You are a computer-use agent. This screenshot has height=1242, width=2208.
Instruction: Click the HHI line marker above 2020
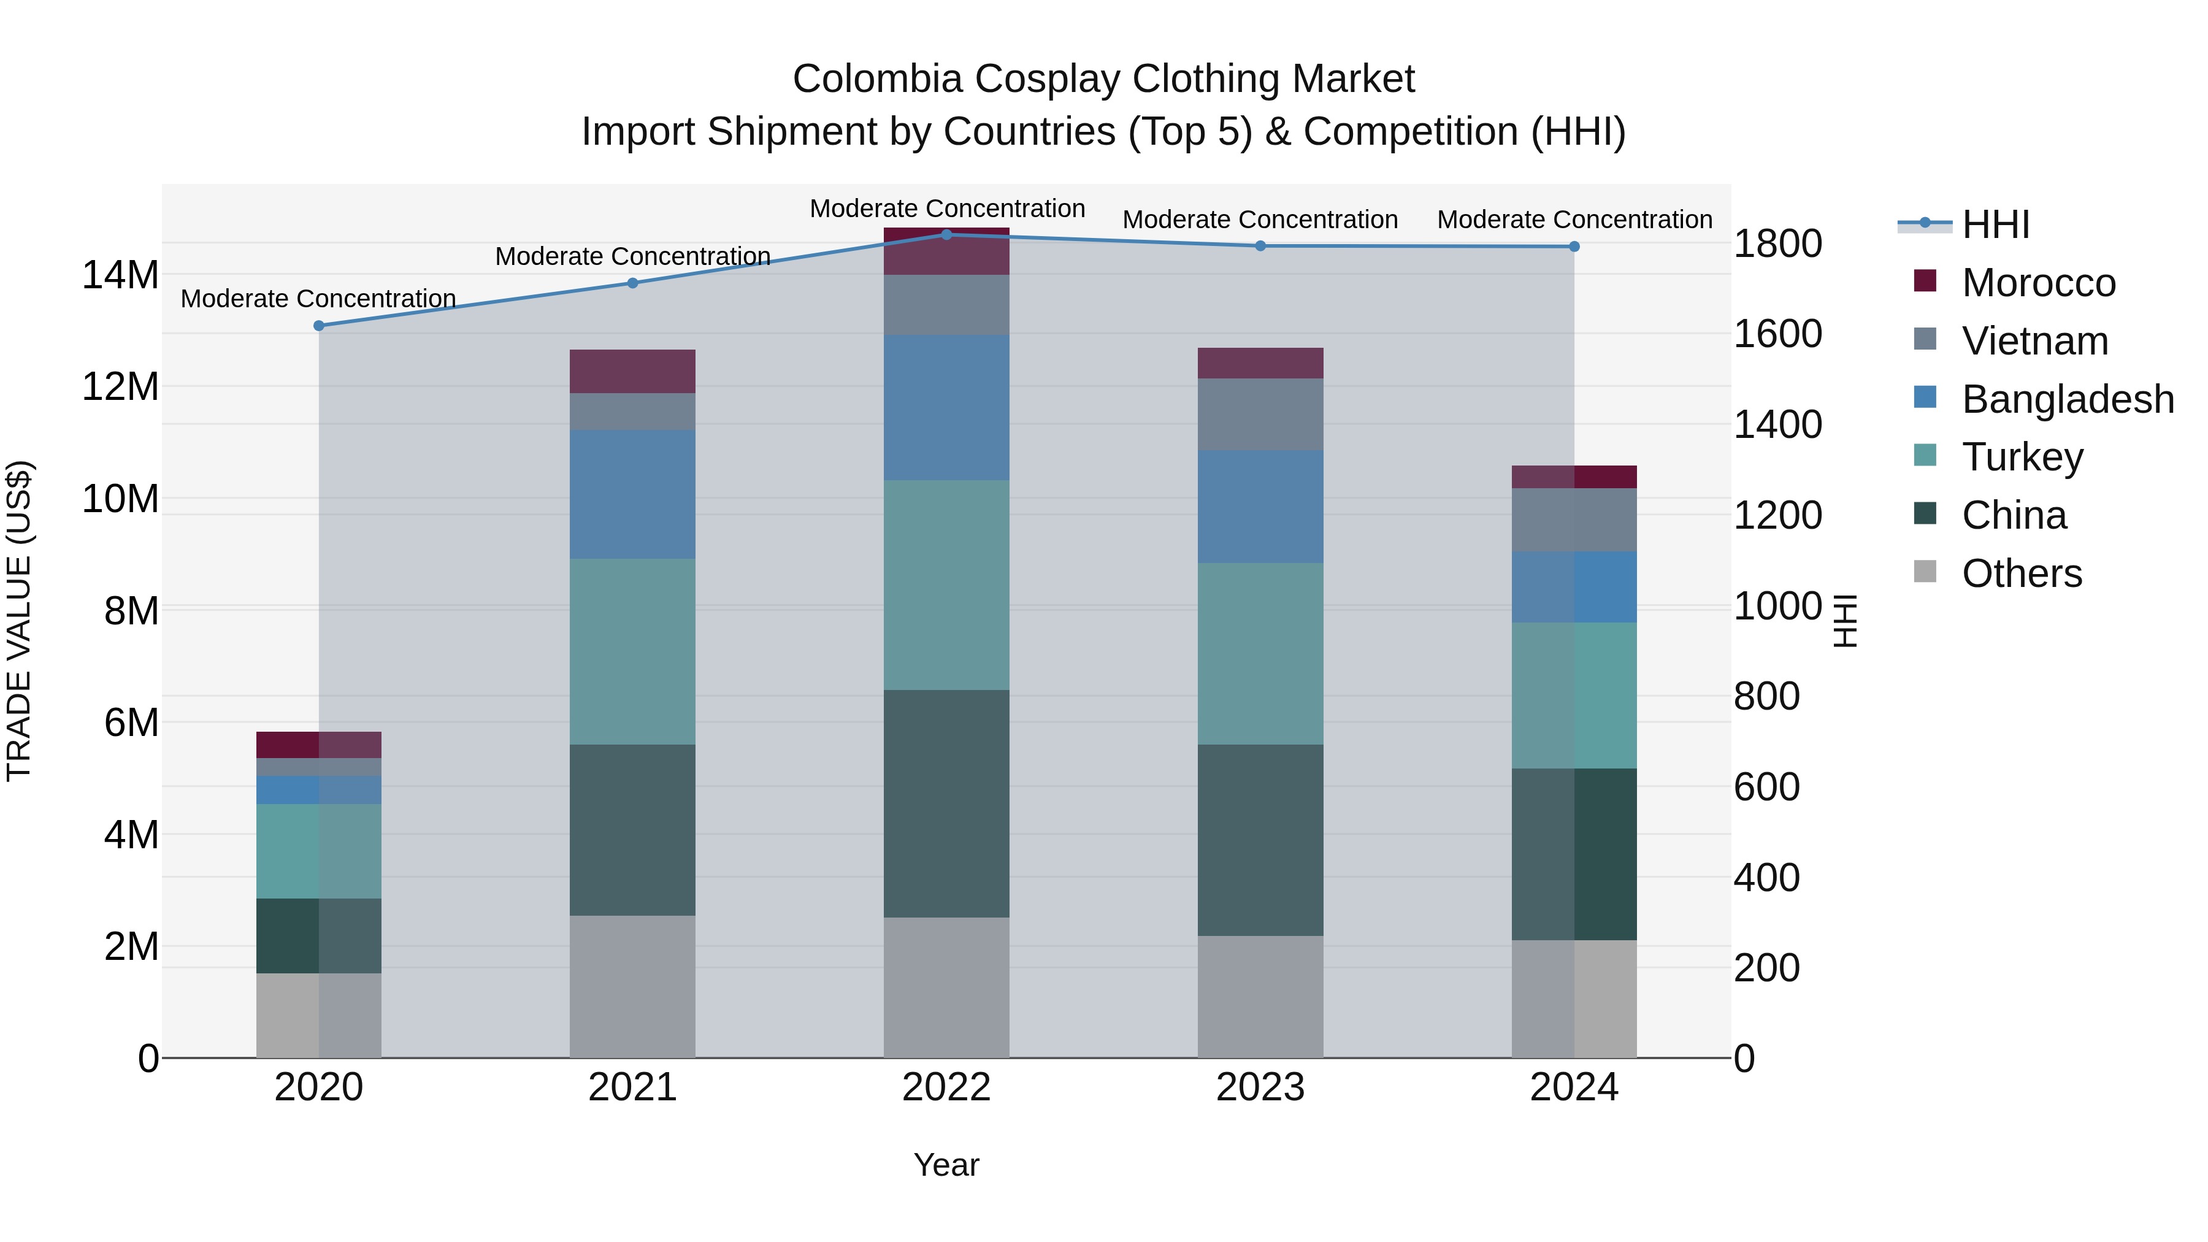[319, 326]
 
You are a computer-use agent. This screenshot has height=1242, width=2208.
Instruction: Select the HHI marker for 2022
[946, 234]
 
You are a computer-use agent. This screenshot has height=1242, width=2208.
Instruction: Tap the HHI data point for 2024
[1574, 247]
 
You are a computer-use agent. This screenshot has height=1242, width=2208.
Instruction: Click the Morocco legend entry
[2037, 283]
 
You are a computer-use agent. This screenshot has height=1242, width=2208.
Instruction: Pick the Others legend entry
[2020, 573]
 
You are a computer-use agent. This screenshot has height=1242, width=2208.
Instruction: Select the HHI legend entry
[1995, 224]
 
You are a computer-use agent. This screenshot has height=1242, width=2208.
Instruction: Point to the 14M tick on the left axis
[120, 275]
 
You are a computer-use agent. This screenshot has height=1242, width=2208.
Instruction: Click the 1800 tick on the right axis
[1777, 243]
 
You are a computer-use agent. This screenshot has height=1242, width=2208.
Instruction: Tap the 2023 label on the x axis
[1260, 1087]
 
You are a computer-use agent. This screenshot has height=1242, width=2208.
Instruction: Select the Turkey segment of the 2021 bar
[632, 651]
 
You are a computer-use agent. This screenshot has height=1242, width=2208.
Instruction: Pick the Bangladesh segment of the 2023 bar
[1260, 506]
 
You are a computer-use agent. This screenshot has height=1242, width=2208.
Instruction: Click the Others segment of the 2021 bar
[632, 986]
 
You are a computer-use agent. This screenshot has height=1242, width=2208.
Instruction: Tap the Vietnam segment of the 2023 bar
[1260, 414]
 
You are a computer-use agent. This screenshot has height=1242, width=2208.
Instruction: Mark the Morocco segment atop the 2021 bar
[632, 371]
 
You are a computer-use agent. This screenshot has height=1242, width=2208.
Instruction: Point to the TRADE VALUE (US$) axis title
[19, 621]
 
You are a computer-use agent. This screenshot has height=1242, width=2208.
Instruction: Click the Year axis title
[946, 1165]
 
